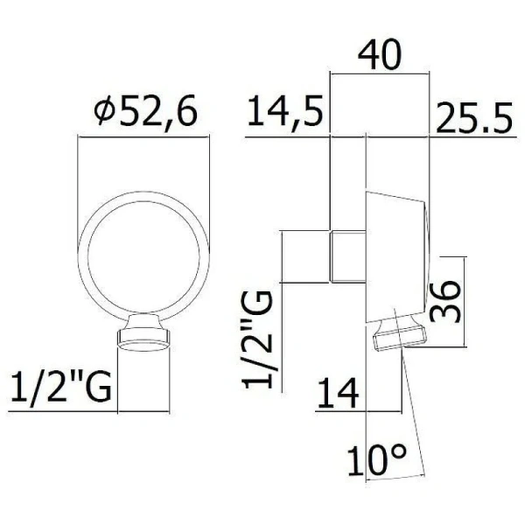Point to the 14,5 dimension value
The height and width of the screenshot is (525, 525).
click(284, 114)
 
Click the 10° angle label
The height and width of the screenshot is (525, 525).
click(376, 459)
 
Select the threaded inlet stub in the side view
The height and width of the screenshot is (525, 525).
click(347, 255)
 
